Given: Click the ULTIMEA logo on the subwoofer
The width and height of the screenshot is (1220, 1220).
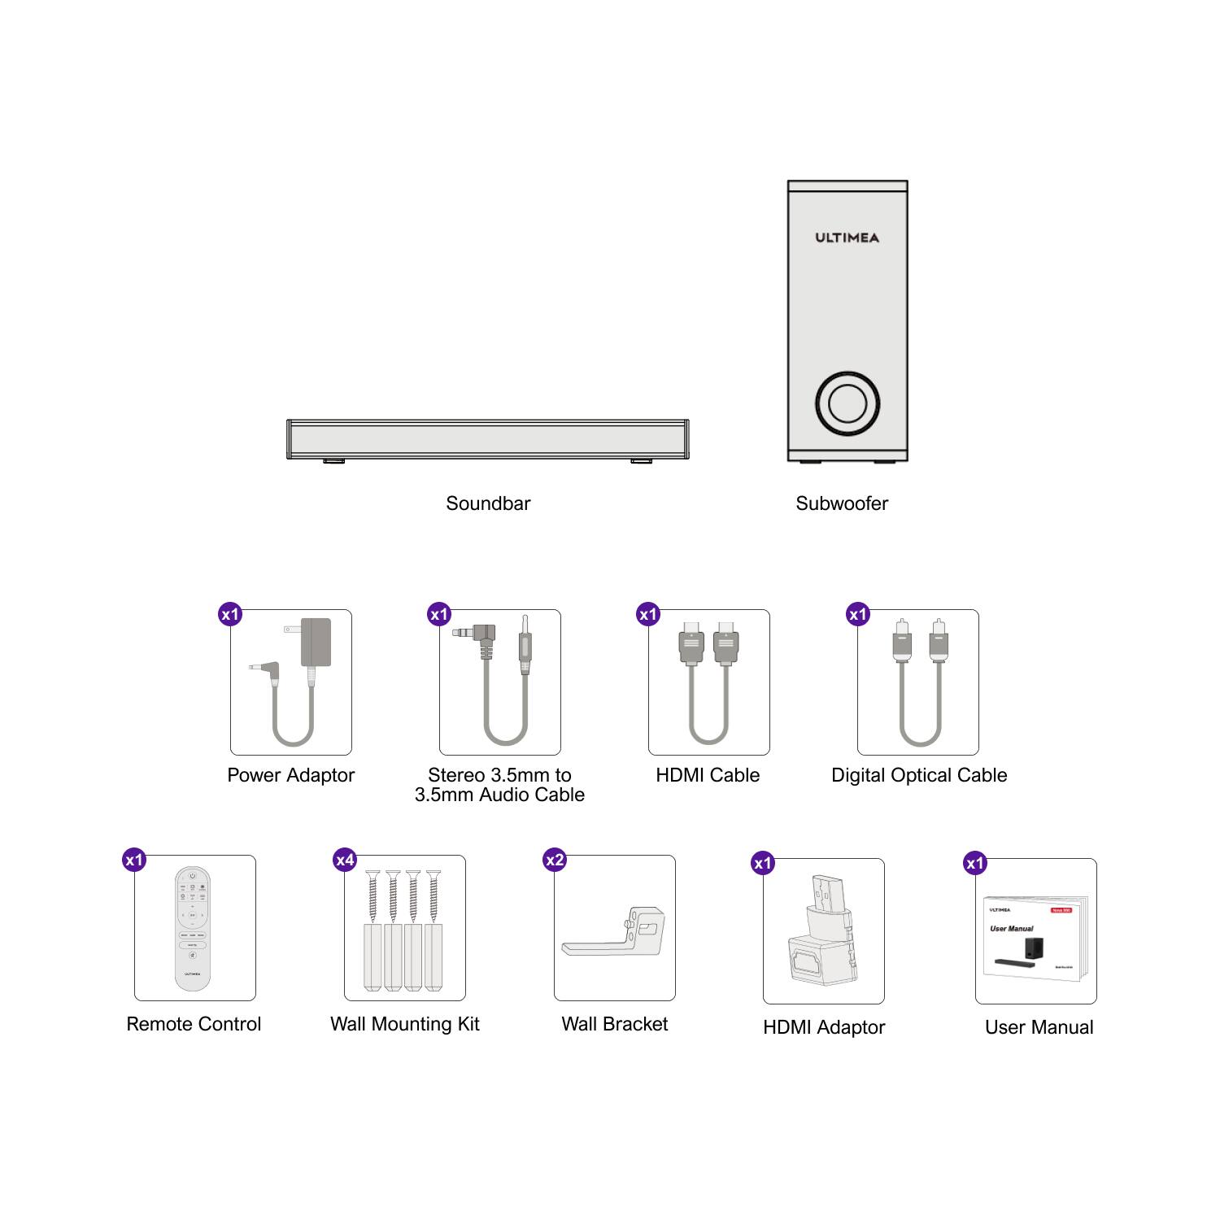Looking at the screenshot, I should [x=847, y=237].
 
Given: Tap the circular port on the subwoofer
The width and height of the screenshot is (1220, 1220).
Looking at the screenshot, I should [x=847, y=403].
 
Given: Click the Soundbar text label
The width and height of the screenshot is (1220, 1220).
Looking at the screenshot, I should [x=488, y=503].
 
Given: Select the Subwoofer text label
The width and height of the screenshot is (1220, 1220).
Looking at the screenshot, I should [x=842, y=503].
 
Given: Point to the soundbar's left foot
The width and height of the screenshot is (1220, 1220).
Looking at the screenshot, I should [x=333, y=461].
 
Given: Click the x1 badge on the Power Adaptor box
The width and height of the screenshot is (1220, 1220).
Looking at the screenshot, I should [x=231, y=614].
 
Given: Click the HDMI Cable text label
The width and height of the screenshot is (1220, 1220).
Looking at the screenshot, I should [x=708, y=775].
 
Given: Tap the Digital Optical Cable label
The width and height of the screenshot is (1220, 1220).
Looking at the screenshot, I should [x=919, y=775].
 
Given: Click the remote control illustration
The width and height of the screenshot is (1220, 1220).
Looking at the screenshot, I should [x=193, y=928].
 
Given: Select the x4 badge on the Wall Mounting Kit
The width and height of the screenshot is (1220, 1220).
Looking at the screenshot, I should [x=345, y=860].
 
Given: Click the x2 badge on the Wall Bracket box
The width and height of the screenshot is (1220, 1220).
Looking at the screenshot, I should [x=555, y=860].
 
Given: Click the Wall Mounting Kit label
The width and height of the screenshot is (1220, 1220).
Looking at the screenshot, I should [x=404, y=1024].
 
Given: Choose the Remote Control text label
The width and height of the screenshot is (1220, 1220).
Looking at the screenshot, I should [x=194, y=1024].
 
